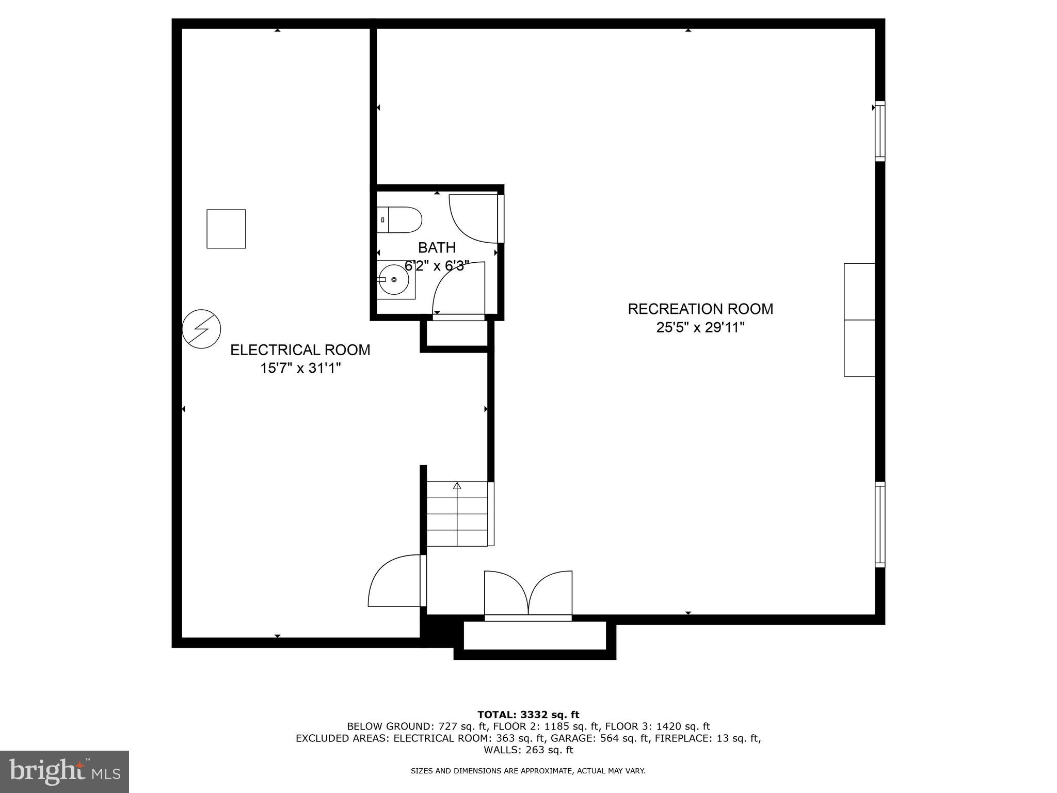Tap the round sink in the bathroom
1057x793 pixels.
tap(393, 280)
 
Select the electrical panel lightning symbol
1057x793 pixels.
tap(202, 328)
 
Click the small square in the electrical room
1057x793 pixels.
tap(226, 229)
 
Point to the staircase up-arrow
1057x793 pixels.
tap(457, 486)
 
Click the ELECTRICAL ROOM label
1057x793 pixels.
tap(300, 350)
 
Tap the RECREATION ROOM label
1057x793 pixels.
tap(700, 309)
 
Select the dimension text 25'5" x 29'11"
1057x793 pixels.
tap(700, 327)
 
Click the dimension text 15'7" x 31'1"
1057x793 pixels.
tap(300, 368)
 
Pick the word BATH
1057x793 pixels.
tap(437, 248)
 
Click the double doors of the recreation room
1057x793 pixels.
tap(528, 594)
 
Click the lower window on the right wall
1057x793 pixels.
tap(879, 524)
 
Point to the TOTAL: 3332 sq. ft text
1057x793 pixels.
tap(528, 715)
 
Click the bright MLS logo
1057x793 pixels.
tap(65, 771)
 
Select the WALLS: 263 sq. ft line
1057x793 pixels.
tap(528, 750)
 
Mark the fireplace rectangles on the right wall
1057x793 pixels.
tap(859, 320)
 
